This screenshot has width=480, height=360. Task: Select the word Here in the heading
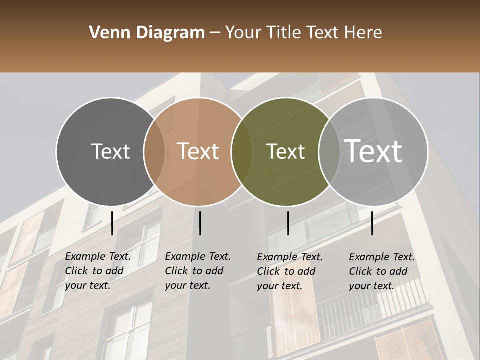364,33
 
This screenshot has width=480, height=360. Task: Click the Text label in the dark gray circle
110,151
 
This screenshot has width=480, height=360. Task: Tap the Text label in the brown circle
198,151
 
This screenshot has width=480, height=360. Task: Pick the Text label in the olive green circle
285,151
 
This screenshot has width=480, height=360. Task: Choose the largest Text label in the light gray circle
373,151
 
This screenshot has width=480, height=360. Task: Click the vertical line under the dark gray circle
112,223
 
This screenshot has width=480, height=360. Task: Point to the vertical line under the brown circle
200,223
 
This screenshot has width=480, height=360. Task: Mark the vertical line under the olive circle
288,223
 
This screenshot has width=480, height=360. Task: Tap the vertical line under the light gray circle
372,223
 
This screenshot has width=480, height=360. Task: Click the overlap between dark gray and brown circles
154,151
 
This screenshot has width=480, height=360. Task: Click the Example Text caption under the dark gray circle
98,271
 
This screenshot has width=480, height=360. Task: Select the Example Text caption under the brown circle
198,271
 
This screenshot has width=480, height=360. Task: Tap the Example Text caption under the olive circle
290,271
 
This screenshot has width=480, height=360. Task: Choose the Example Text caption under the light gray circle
382,271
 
